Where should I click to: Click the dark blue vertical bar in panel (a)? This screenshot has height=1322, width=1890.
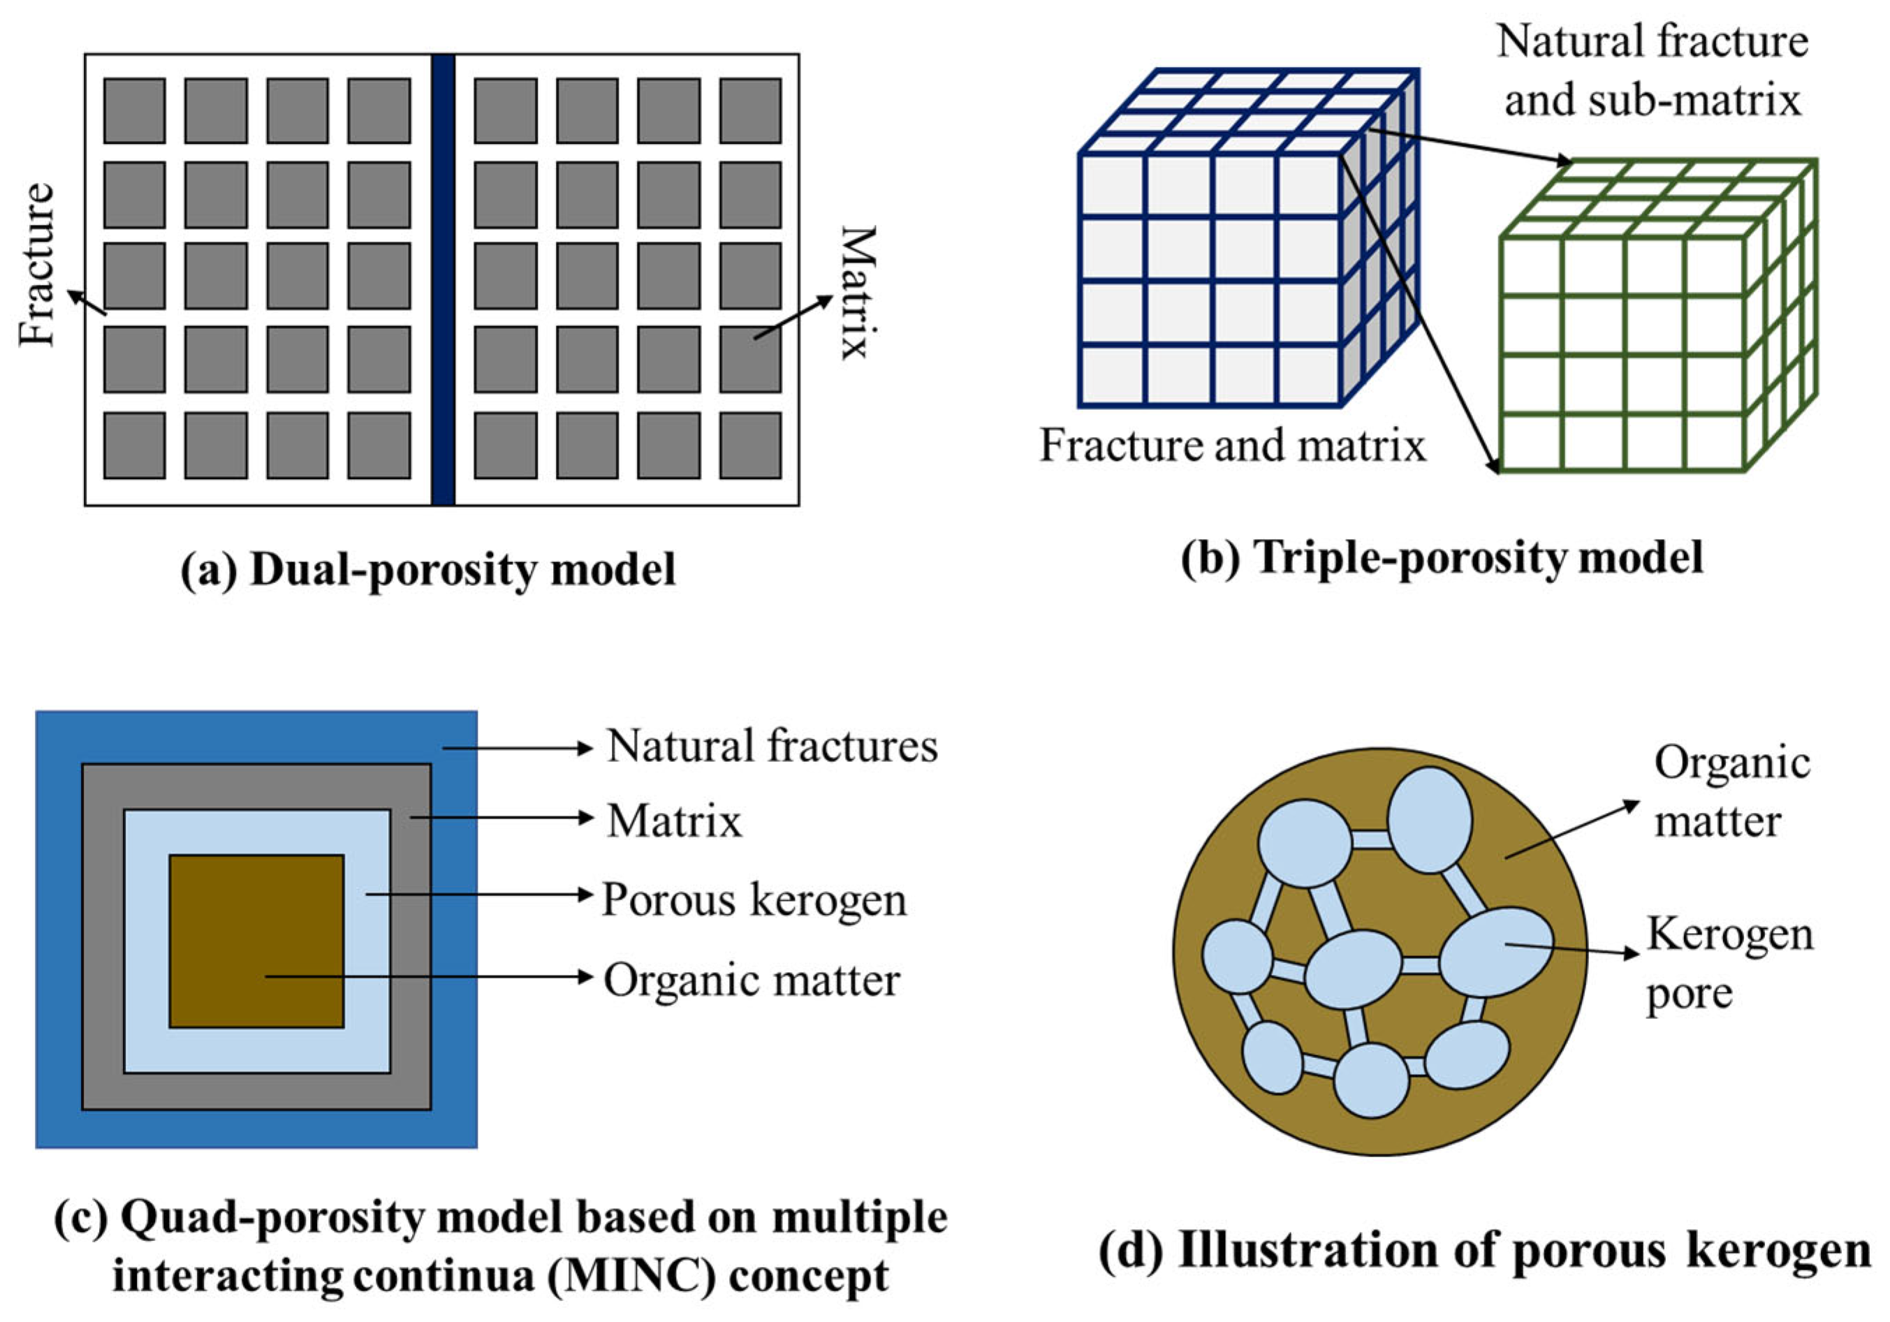443,280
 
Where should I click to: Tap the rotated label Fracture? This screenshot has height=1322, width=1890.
38,265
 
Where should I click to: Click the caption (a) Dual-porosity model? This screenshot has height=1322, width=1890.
428,570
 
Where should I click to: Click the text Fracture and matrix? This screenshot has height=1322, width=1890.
1232,446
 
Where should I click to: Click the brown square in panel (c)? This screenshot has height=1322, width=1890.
256,941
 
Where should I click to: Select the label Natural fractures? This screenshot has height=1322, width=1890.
771,747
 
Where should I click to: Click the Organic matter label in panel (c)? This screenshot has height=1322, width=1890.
752,981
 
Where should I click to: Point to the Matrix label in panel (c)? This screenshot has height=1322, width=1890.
674,821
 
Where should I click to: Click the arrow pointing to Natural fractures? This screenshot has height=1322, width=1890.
518,748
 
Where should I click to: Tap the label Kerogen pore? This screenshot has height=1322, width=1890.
1729,964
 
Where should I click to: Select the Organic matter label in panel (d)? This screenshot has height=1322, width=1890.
1731,792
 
